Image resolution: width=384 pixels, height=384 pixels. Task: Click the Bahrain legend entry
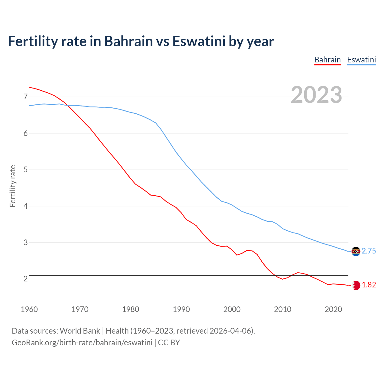(327, 60)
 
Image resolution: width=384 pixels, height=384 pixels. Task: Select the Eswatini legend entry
(361, 60)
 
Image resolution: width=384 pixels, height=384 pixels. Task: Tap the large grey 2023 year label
(316, 95)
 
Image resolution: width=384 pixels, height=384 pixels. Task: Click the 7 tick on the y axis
(25, 97)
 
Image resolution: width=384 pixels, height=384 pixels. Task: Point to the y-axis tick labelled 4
(25, 206)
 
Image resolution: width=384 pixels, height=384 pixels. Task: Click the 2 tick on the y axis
(25, 279)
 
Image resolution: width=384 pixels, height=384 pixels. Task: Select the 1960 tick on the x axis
(29, 309)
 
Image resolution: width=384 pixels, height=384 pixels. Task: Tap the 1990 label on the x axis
(181, 309)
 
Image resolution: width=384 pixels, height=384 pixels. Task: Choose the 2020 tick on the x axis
(333, 309)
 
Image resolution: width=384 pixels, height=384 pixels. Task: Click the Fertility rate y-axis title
(13, 186)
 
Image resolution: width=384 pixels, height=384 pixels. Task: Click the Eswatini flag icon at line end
(356, 251)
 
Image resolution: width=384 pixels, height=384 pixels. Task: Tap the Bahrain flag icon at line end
(356, 285)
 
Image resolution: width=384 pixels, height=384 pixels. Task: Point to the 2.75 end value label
(369, 251)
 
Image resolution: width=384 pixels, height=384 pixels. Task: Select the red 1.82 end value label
(369, 285)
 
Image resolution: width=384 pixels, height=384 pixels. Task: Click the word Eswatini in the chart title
(199, 41)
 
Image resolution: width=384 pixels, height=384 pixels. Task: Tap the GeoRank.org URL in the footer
(82, 343)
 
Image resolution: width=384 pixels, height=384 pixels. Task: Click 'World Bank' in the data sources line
(80, 331)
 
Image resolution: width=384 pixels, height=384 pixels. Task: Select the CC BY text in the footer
(169, 343)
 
